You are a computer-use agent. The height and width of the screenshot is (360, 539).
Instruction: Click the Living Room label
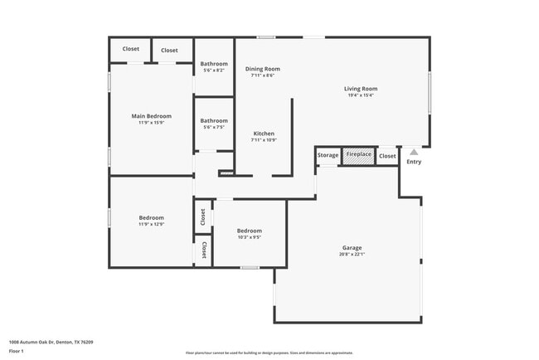(361, 89)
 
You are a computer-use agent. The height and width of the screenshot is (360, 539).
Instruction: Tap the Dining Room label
(262, 69)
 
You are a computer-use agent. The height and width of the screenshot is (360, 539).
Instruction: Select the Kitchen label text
(264, 134)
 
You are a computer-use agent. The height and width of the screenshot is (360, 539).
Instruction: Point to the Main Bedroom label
(151, 116)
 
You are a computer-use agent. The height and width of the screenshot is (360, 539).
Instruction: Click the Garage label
(352, 247)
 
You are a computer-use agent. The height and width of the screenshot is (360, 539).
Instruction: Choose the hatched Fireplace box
(359, 155)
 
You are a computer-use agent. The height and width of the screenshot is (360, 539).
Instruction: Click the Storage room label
(328, 155)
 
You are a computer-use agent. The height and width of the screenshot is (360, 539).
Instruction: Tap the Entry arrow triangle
(414, 152)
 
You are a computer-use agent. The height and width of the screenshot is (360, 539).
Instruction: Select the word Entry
(414, 162)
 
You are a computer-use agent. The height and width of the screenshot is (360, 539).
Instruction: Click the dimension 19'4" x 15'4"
(361, 95)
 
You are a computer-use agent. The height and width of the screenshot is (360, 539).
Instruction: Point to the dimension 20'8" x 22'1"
(352, 254)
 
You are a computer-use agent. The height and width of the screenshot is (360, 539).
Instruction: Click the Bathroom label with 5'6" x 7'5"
(214, 121)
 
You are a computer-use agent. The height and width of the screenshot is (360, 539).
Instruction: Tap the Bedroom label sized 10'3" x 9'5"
(250, 231)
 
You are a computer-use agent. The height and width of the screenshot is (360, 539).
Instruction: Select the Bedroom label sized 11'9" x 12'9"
(151, 217)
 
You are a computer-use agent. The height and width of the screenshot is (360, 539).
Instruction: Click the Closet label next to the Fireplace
(387, 156)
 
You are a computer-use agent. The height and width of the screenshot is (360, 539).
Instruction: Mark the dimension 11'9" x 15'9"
(151, 123)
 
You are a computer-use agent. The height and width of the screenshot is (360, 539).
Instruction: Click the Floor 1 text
(17, 351)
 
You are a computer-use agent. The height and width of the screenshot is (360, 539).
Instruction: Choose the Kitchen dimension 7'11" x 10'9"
(264, 140)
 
